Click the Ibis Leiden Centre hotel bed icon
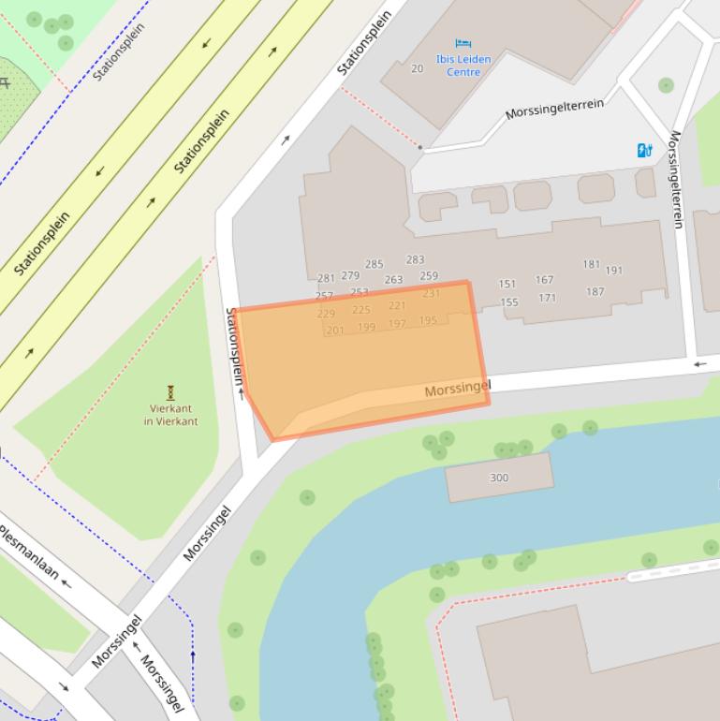[463, 43]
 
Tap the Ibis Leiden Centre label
[463, 66]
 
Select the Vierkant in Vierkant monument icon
[170, 391]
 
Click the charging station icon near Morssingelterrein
[644, 150]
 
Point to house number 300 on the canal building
[499, 478]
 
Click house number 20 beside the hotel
[417, 68]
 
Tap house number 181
[591, 264]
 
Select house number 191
[613, 271]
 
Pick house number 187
[595, 291]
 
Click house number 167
[544, 279]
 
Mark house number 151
[507, 284]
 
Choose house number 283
[415, 259]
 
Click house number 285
[374, 265]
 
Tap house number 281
[326, 278]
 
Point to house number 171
[547, 298]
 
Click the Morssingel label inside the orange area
[457, 389]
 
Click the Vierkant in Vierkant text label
[170, 415]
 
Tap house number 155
[509, 302]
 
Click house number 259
[429, 276]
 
